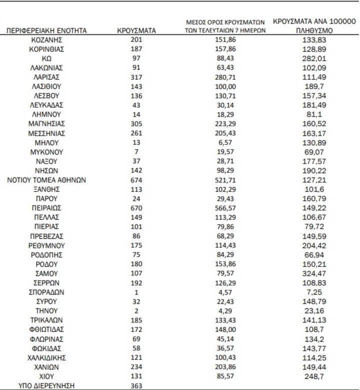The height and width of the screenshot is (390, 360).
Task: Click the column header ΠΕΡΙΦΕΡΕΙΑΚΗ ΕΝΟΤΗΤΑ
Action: click(x=46, y=30)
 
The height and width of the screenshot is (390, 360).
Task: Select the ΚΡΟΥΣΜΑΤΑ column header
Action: click(x=136, y=30)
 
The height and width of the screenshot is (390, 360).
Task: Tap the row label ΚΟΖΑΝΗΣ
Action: click(x=46, y=39)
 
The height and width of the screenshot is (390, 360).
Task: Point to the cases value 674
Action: click(x=136, y=179)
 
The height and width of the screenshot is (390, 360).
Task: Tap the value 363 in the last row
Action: click(x=136, y=385)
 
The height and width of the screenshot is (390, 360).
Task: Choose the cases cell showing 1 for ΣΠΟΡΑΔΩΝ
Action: click(x=136, y=292)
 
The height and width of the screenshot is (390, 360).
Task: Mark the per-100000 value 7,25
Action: click(x=314, y=292)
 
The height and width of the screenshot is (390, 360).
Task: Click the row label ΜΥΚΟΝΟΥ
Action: click(x=46, y=151)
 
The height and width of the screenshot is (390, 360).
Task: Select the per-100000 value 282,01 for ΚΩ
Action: click(x=314, y=58)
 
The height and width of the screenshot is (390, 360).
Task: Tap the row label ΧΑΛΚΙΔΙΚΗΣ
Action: click(x=46, y=357)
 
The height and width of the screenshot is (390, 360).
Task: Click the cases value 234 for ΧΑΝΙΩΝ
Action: click(x=136, y=366)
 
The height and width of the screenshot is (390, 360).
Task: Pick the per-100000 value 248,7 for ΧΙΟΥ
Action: click(x=314, y=375)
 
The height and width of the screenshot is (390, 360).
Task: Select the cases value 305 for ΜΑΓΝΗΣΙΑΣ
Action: click(x=136, y=123)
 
